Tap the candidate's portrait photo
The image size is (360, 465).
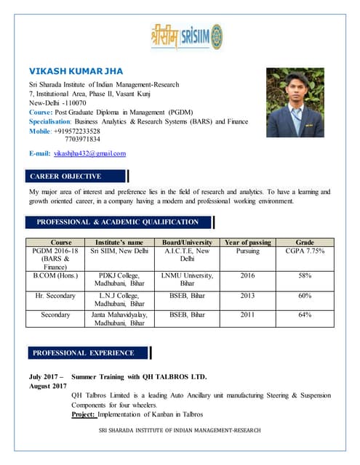click(x=295, y=102)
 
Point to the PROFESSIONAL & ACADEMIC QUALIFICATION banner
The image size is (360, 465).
click(x=118, y=222)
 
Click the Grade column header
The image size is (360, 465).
click(x=305, y=242)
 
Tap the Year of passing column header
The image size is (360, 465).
click(x=248, y=242)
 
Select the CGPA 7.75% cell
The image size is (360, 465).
click(x=305, y=251)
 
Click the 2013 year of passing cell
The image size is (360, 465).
click(x=248, y=296)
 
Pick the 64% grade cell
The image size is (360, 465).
click(x=305, y=315)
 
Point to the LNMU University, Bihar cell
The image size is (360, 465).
click(x=187, y=280)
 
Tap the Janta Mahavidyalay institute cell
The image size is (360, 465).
click(x=119, y=319)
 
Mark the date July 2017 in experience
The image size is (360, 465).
click(x=46, y=377)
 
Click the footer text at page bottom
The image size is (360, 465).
click(x=180, y=430)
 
